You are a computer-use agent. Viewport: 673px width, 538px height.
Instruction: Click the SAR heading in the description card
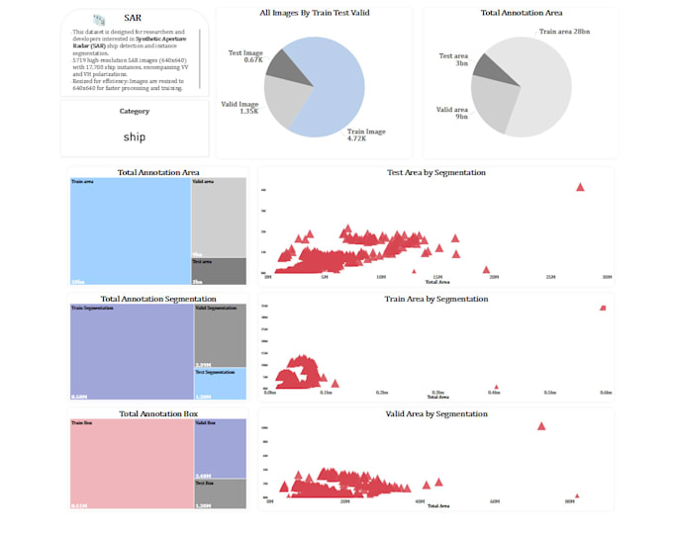tap(133, 18)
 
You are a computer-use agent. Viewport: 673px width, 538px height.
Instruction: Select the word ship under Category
tap(134, 137)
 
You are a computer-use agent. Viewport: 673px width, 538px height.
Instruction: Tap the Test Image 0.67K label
tap(244, 56)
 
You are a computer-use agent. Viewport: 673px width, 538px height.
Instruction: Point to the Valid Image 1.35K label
tap(241, 107)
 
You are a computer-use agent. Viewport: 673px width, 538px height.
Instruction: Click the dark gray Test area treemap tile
tap(219, 272)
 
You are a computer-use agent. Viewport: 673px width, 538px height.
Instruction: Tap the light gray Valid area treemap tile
tap(219, 218)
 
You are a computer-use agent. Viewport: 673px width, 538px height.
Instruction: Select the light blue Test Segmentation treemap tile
tap(220, 384)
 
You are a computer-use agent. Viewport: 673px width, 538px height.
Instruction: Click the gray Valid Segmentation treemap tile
tap(220, 336)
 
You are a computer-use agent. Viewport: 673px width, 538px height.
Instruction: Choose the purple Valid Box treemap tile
tap(220, 448)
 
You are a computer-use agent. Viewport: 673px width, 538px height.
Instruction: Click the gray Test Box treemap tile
tap(220, 493)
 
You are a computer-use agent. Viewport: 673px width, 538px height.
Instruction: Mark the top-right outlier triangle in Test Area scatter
tap(580, 187)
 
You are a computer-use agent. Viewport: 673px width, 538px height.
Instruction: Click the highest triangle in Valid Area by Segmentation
tap(541, 426)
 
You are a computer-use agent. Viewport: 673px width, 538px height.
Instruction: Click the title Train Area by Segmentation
tap(435, 299)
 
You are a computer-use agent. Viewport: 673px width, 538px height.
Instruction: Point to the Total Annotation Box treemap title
tap(158, 413)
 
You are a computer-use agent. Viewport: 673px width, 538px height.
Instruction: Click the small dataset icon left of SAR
tap(99, 19)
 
